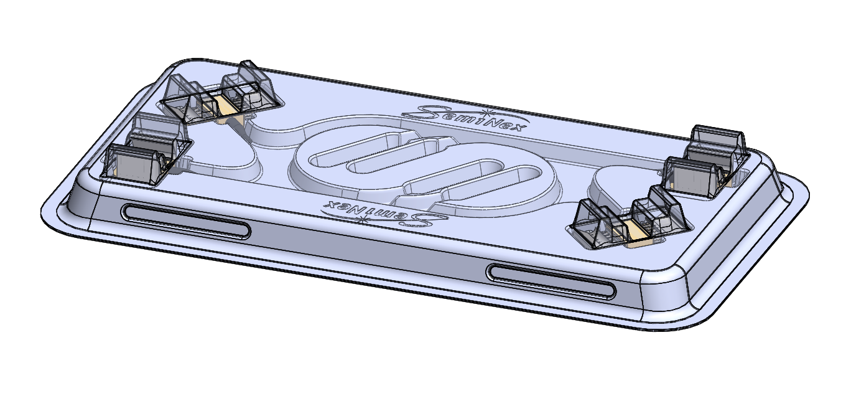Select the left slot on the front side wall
coord(187,220)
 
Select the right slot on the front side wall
coord(551,280)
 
